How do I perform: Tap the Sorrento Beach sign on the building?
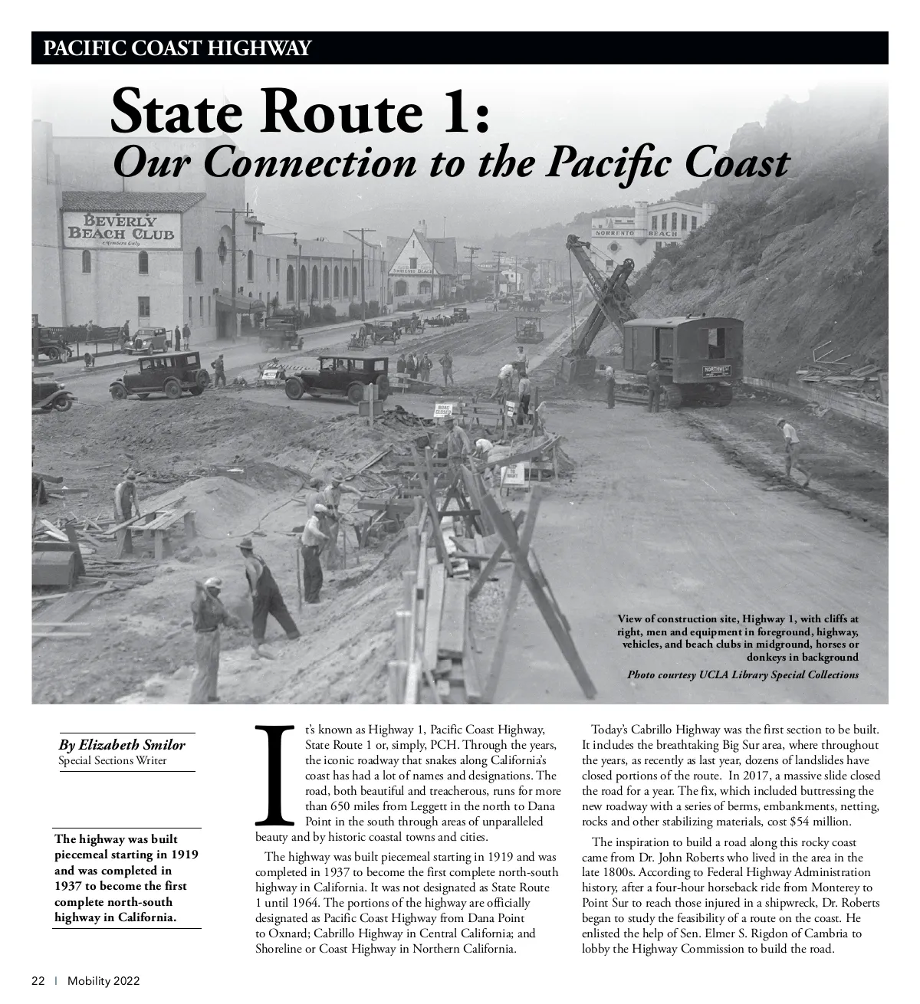pyautogui.click(x=636, y=232)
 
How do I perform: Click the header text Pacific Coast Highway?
pyautogui.click(x=177, y=48)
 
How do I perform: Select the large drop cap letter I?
pyautogui.click(x=272, y=773)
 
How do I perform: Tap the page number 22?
pyautogui.click(x=38, y=981)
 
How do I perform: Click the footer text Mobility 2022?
pyautogui.click(x=103, y=981)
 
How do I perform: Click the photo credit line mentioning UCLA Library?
pyautogui.click(x=742, y=674)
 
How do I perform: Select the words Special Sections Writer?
pyautogui.click(x=112, y=760)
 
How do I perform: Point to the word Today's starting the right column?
pyautogui.click(x=610, y=729)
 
